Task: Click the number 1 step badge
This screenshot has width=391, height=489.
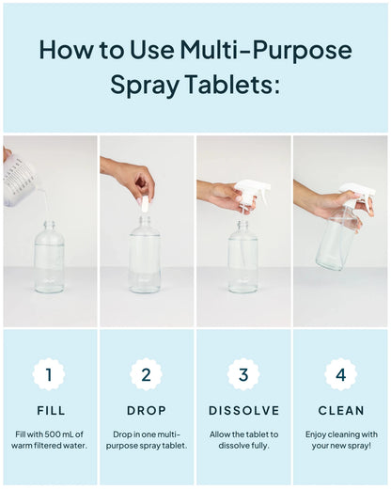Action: click(49, 374)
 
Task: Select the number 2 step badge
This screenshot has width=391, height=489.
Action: click(146, 374)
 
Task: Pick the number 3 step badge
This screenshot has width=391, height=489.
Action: click(243, 374)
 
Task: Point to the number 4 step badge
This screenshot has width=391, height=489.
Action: click(341, 374)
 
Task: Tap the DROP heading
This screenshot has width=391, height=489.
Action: click(146, 411)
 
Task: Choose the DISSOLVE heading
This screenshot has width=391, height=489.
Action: click(243, 411)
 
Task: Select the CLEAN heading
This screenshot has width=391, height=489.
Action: click(341, 411)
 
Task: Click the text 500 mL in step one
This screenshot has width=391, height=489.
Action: click(55, 434)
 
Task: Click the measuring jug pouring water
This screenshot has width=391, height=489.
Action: click(19, 179)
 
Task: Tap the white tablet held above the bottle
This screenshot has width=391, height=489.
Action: click(144, 202)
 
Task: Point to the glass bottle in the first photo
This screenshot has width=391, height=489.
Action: click(49, 259)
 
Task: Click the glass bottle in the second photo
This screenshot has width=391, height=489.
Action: click(145, 259)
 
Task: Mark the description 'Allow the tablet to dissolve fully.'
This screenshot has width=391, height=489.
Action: click(243, 440)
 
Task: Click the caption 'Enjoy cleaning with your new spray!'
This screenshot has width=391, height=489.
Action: click(341, 440)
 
